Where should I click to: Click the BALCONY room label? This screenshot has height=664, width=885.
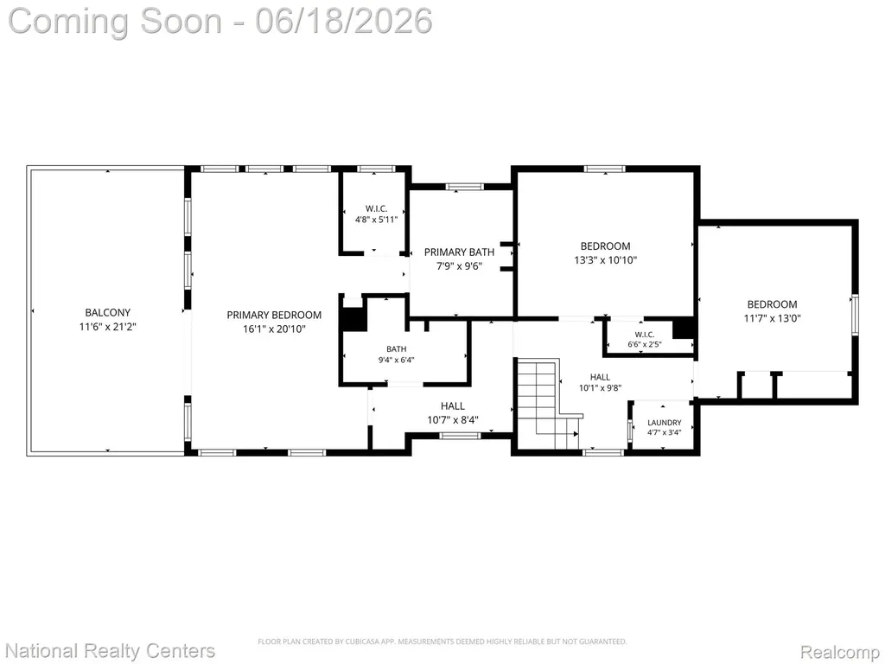click(x=108, y=313)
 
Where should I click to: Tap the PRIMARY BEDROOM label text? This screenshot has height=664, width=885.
click(x=274, y=316)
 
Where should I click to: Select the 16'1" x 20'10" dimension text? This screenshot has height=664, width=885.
click(x=274, y=329)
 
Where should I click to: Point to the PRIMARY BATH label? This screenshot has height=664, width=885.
click(x=460, y=252)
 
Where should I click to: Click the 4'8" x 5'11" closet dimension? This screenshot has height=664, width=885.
click(x=377, y=220)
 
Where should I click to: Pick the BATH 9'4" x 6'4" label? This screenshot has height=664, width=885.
click(x=396, y=354)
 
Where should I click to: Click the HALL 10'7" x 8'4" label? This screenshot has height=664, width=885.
click(x=453, y=412)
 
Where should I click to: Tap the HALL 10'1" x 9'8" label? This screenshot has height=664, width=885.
click(x=600, y=382)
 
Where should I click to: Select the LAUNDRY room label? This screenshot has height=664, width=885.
click(x=665, y=422)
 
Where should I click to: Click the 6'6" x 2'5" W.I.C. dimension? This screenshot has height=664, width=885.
click(x=645, y=344)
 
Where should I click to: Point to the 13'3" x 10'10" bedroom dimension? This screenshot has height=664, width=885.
click(x=606, y=260)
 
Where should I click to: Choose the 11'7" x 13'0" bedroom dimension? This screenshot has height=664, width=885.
click(x=772, y=318)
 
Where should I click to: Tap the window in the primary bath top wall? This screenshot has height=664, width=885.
click(x=464, y=187)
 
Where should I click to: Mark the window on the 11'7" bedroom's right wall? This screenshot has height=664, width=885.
click(x=855, y=315)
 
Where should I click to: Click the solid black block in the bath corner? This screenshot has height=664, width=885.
click(x=353, y=320)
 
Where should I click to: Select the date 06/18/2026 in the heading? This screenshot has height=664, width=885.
click(x=344, y=22)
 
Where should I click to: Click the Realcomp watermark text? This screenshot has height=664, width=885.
click(x=840, y=652)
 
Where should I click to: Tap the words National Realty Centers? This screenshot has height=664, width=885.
click(x=111, y=651)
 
